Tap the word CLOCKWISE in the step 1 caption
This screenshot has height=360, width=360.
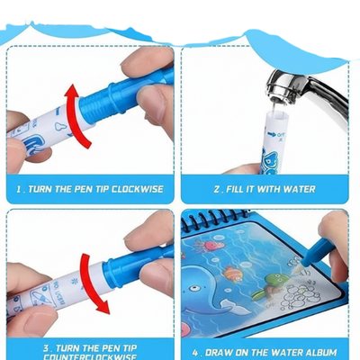click(133, 190)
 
